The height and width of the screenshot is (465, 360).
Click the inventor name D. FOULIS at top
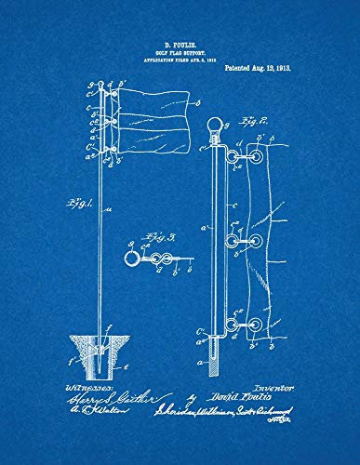180,44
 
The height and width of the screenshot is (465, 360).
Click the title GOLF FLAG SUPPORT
180,52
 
